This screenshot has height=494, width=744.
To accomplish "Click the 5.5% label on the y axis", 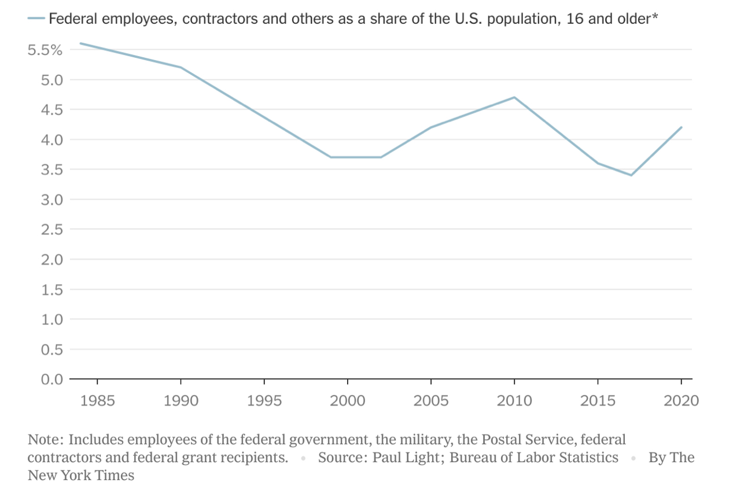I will [45, 50].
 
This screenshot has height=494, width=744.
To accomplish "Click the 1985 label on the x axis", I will [97, 400].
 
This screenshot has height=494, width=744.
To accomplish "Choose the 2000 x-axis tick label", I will [348, 400].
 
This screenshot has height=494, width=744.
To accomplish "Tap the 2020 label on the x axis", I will [681, 400].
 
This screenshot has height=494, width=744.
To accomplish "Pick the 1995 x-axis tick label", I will [264, 400].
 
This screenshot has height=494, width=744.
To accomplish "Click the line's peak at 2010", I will [514, 97].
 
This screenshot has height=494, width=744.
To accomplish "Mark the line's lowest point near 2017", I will [631, 175].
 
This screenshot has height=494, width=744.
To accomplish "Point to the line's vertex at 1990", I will [181, 68].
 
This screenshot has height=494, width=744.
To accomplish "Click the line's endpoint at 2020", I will [682, 127].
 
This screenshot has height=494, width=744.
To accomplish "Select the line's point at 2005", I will [431, 127].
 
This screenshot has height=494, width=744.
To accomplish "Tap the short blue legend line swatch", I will [36, 19].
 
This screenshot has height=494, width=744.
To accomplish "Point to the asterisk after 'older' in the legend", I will [655, 17].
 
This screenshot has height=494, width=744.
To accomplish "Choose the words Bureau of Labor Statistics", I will [534, 458].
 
